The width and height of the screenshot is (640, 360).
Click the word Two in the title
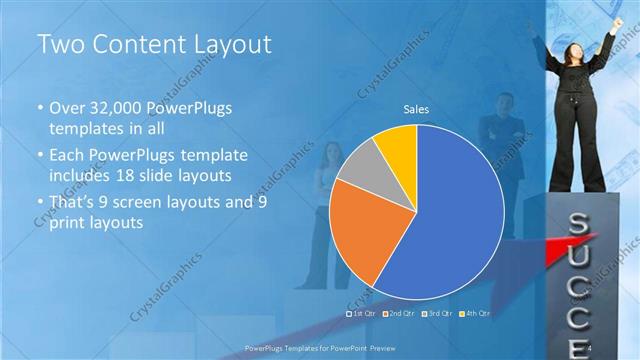point(60,44)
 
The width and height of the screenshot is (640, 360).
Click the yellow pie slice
point(396,144)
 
